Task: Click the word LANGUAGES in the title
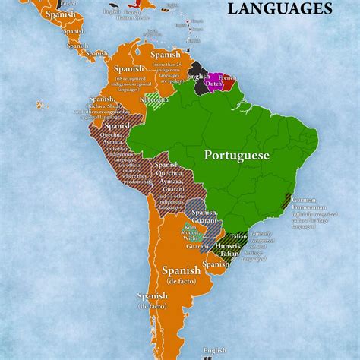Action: (279, 9)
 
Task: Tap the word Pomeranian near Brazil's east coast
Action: (309, 207)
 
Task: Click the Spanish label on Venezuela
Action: (166, 55)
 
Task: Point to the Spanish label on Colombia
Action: (128, 69)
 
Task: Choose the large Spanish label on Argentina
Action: (181, 270)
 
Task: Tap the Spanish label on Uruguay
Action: (216, 264)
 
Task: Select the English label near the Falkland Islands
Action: (216, 350)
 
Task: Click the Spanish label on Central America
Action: (60, 14)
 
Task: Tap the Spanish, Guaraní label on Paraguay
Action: (204, 216)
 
